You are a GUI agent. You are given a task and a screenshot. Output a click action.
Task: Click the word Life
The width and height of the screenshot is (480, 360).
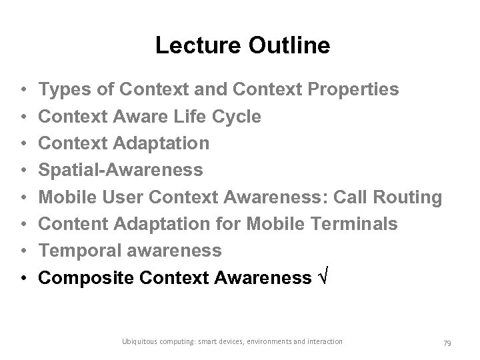185,116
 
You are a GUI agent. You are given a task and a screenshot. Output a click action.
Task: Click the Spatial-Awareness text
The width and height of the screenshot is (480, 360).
121,171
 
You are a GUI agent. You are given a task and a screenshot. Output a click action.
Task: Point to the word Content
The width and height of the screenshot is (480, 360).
73,225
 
